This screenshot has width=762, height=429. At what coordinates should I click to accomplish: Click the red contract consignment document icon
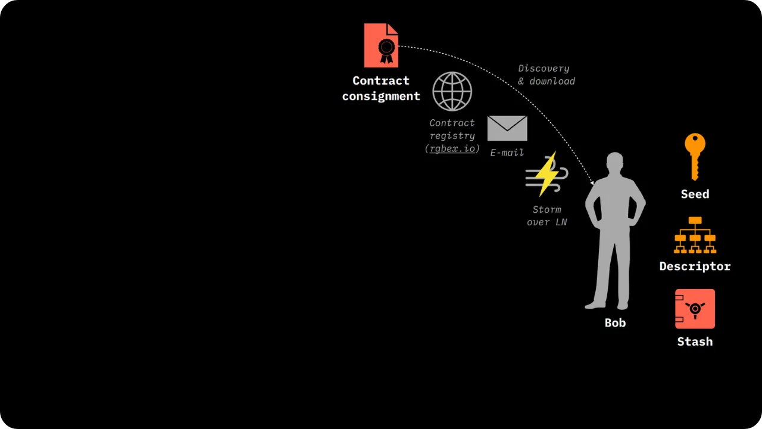point(381,45)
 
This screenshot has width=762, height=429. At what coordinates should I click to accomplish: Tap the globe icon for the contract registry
point(452,92)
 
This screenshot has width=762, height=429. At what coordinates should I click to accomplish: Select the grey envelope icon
point(507,128)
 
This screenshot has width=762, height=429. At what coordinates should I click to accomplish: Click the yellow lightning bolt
point(546,173)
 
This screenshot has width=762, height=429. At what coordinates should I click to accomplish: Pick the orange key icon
point(695,156)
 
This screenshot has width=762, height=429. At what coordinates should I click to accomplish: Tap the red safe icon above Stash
point(695,309)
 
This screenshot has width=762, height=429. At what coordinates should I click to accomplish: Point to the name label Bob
point(615,323)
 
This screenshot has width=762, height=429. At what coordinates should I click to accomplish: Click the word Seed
point(695,194)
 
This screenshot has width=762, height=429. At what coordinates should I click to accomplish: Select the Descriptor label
point(695,266)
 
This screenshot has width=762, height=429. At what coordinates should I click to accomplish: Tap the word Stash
point(695,341)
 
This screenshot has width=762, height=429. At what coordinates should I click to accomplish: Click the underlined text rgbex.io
point(452,148)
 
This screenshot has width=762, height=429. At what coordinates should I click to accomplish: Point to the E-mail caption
point(507,153)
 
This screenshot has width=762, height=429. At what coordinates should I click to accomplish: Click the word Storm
point(547,210)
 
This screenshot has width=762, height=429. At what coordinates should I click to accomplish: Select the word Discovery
point(544,69)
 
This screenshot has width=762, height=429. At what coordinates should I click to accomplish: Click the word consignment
point(381,96)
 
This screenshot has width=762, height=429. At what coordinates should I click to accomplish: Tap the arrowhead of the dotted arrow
point(592,182)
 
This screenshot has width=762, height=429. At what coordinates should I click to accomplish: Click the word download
point(552,81)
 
